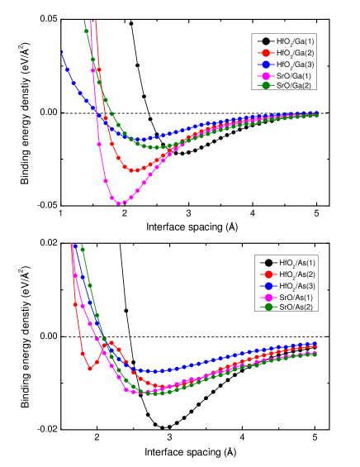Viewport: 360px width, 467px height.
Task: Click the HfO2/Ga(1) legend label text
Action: point(294,41)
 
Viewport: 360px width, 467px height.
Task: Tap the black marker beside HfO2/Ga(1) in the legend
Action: point(266,41)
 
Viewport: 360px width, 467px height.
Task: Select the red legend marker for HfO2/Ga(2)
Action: point(266,52)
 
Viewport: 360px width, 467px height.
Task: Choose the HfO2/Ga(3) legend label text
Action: point(294,64)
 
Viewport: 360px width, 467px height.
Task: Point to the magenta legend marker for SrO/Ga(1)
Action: point(266,74)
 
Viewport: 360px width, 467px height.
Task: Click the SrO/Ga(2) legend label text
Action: point(294,85)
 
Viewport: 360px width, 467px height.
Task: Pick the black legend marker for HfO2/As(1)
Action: point(268,263)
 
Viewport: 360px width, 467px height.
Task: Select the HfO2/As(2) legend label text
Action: point(296,274)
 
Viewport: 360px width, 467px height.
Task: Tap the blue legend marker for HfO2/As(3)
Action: point(268,285)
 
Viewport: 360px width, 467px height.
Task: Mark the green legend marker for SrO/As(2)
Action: point(268,307)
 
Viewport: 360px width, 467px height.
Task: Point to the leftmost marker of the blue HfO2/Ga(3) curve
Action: point(62,52)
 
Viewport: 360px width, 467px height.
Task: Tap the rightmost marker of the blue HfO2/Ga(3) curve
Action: point(316,112)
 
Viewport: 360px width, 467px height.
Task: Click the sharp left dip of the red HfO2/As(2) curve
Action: point(89,369)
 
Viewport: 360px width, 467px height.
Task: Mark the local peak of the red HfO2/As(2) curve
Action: point(111,343)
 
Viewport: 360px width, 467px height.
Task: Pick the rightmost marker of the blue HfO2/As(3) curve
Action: point(316,344)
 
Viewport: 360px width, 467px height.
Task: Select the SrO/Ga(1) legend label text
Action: point(294,74)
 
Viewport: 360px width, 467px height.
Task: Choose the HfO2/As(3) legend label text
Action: point(296,285)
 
